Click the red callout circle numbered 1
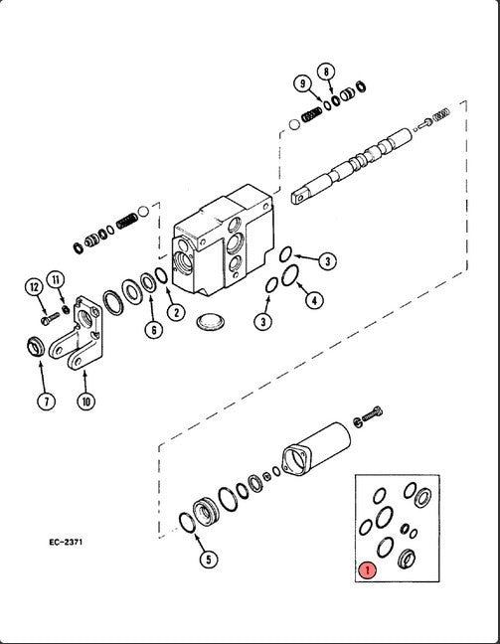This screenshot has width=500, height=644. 367,570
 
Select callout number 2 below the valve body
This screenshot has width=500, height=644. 175,312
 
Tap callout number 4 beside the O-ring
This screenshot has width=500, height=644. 315,298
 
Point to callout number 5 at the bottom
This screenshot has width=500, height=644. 207,560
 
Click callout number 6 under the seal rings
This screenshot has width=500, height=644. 152,329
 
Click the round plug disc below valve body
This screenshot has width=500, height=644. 212,321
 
